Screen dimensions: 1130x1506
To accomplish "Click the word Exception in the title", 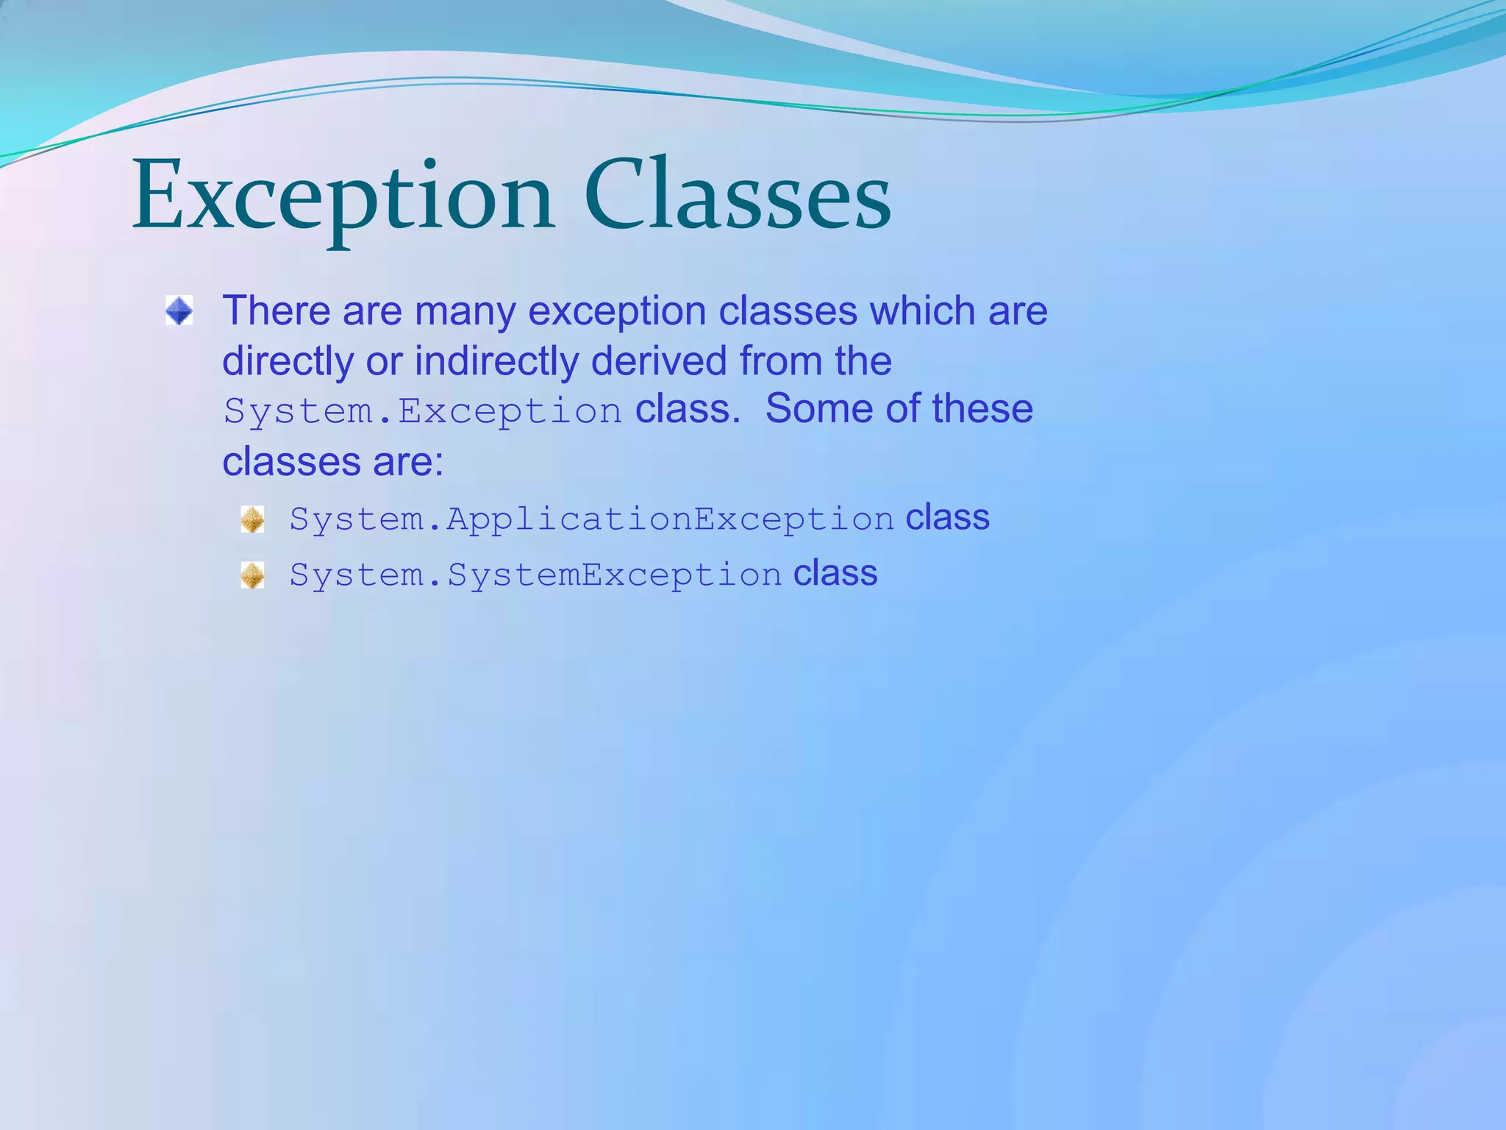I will tap(342, 197).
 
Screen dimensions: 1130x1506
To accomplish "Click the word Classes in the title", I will tap(738, 197).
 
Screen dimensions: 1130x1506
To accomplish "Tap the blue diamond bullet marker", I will tap(179, 310).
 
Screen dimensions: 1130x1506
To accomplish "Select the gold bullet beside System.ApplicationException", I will tap(252, 519).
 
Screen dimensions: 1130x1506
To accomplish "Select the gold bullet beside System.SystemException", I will tap(252, 575).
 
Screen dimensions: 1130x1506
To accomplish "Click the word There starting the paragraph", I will tap(276, 310).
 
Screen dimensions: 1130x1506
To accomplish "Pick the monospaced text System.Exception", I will tap(423, 411).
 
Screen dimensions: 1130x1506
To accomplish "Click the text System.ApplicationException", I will tap(591, 519).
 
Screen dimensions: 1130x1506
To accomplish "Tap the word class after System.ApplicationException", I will tap(947, 517).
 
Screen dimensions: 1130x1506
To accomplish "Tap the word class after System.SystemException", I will tap(835, 573).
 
